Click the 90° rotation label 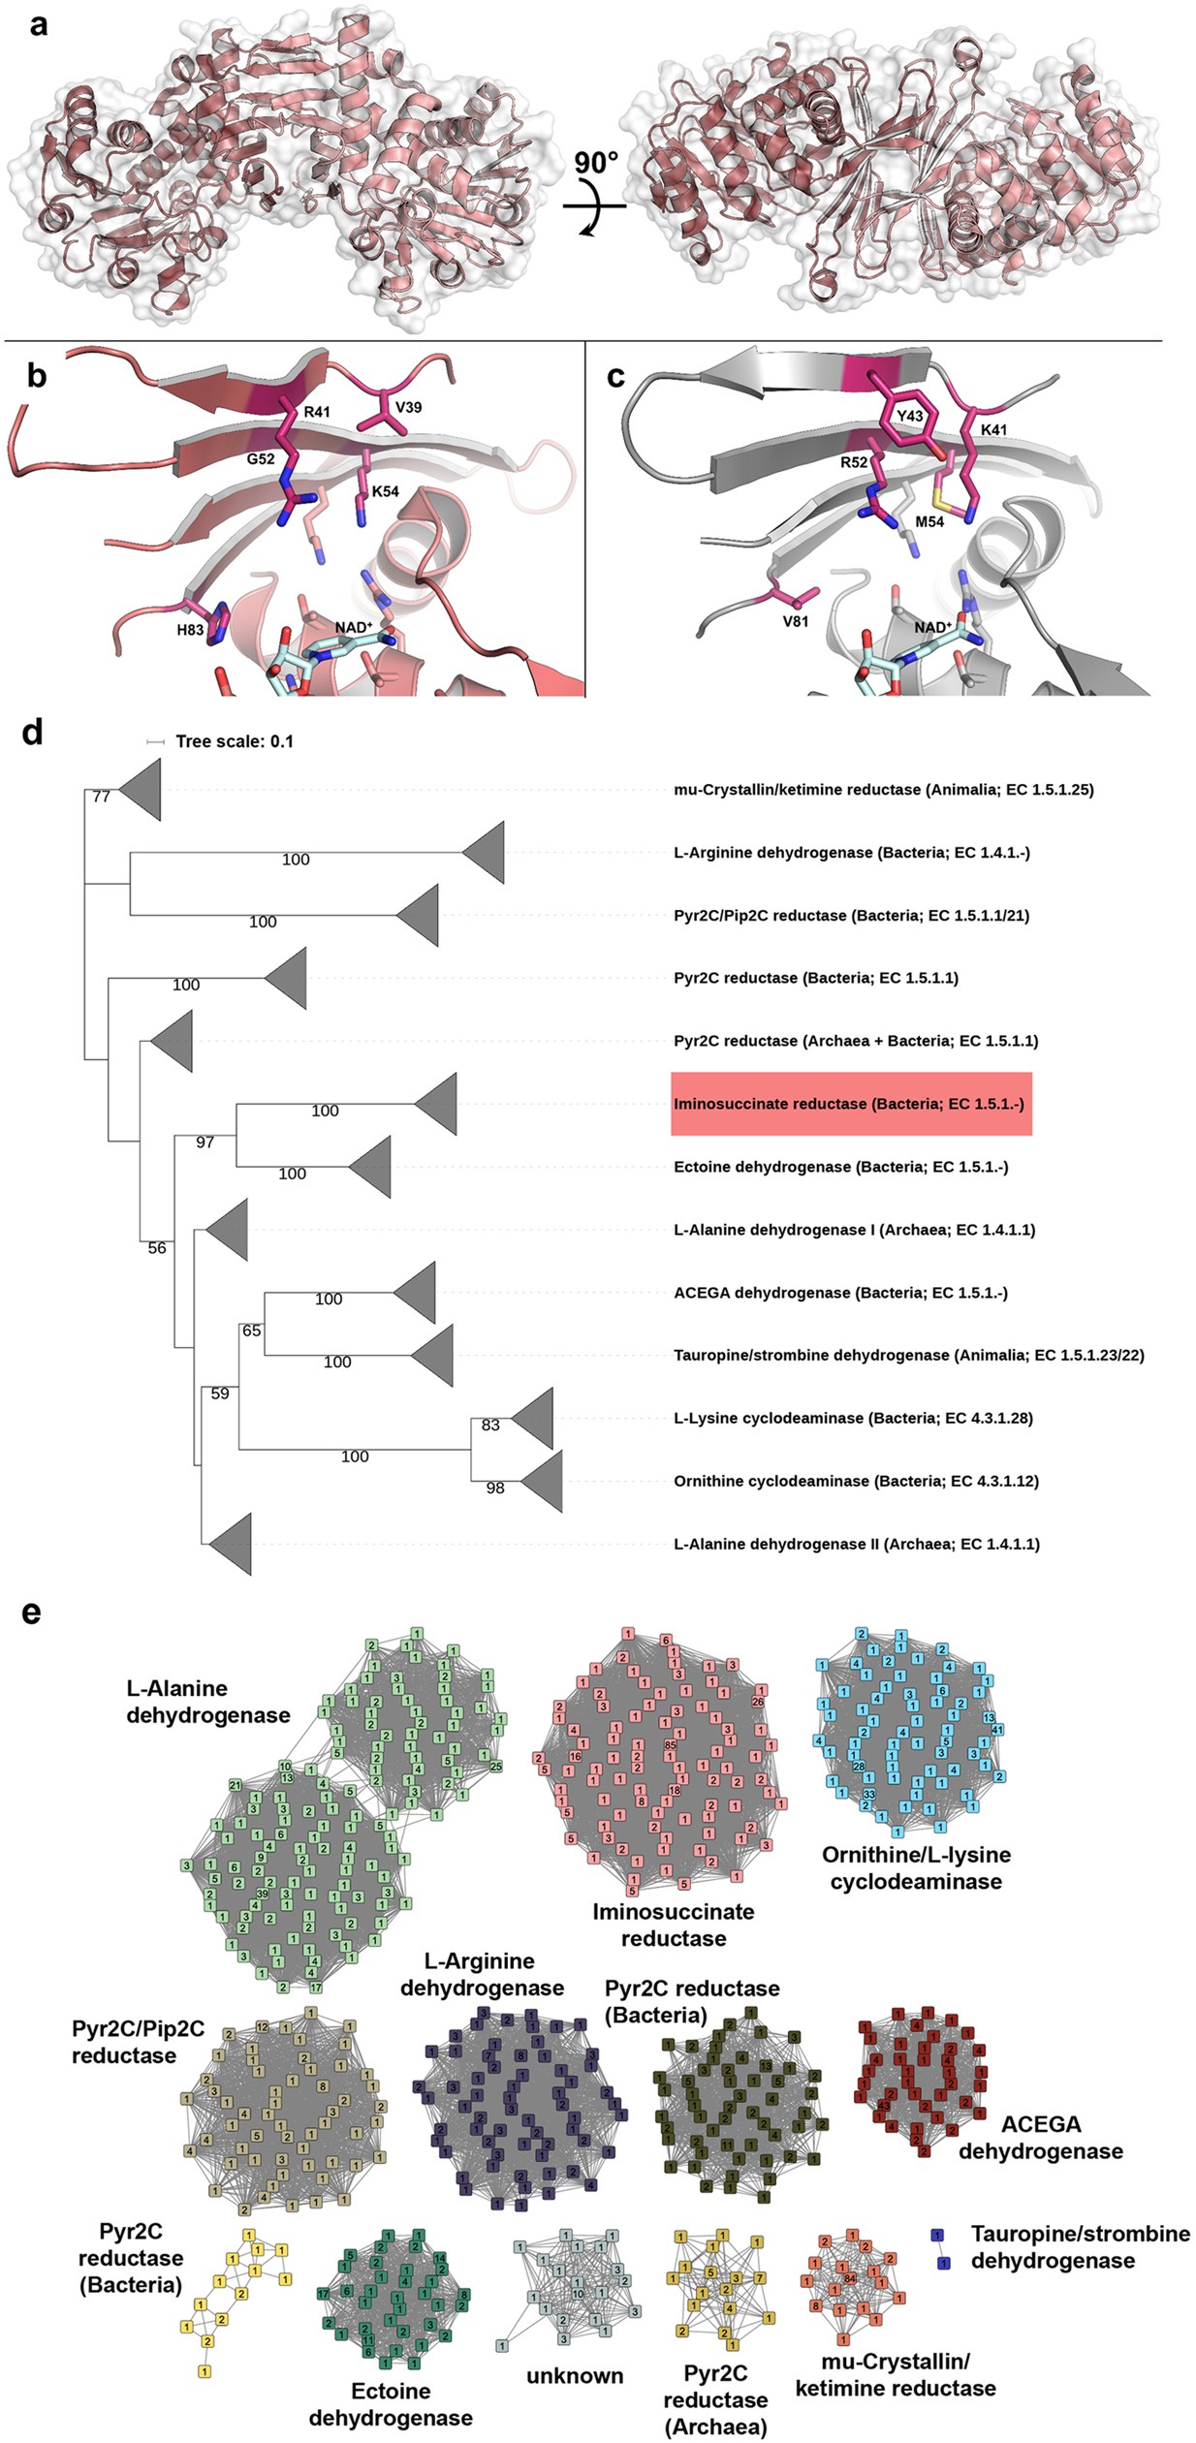pos(595,162)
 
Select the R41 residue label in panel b pos(317,412)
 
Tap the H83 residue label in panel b pos(190,630)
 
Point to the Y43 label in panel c pos(909,417)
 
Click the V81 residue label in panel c pos(795,621)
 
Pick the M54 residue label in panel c pos(929,521)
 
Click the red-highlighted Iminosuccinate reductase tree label pos(850,1104)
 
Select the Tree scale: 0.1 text pos(234,741)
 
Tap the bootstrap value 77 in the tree pos(101,797)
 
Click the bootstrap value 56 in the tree pos(157,1248)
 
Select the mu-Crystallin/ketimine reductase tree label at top pos(883,790)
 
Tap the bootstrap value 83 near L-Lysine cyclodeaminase pos(490,1425)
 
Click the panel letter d pos(32,733)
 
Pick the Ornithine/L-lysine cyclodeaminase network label pos(916,1867)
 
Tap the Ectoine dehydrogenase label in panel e pos(391,2403)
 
